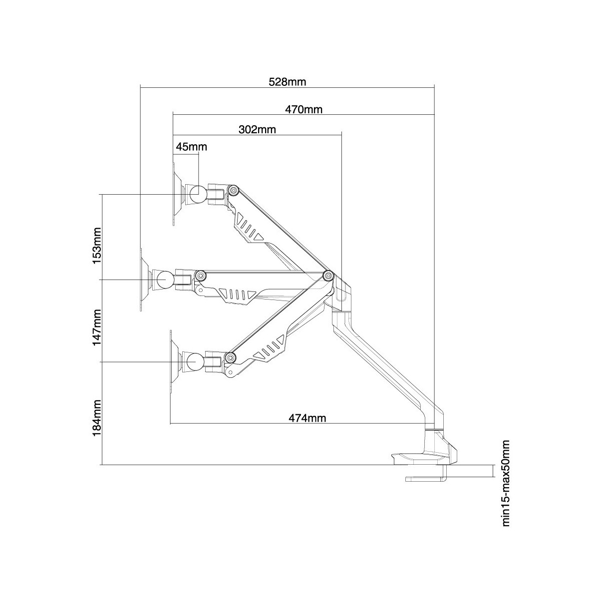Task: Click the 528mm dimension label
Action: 287,82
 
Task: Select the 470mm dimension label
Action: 303,110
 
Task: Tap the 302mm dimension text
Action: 257,130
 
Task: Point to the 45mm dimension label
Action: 191,147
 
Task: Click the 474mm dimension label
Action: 307,418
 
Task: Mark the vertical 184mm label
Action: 97,417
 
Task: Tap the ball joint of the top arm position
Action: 196,194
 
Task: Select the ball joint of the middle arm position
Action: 164,280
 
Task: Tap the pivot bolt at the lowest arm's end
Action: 230,357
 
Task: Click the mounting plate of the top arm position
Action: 175,194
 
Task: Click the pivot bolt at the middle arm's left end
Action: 201,275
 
